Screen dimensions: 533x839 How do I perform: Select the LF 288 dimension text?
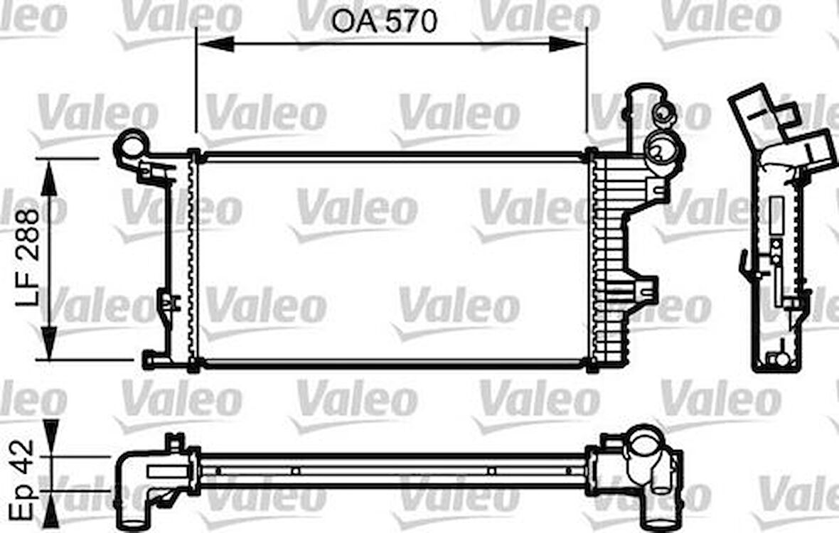pyautogui.click(x=29, y=257)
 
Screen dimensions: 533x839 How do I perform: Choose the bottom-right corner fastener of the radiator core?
pyautogui.click(x=591, y=365)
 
